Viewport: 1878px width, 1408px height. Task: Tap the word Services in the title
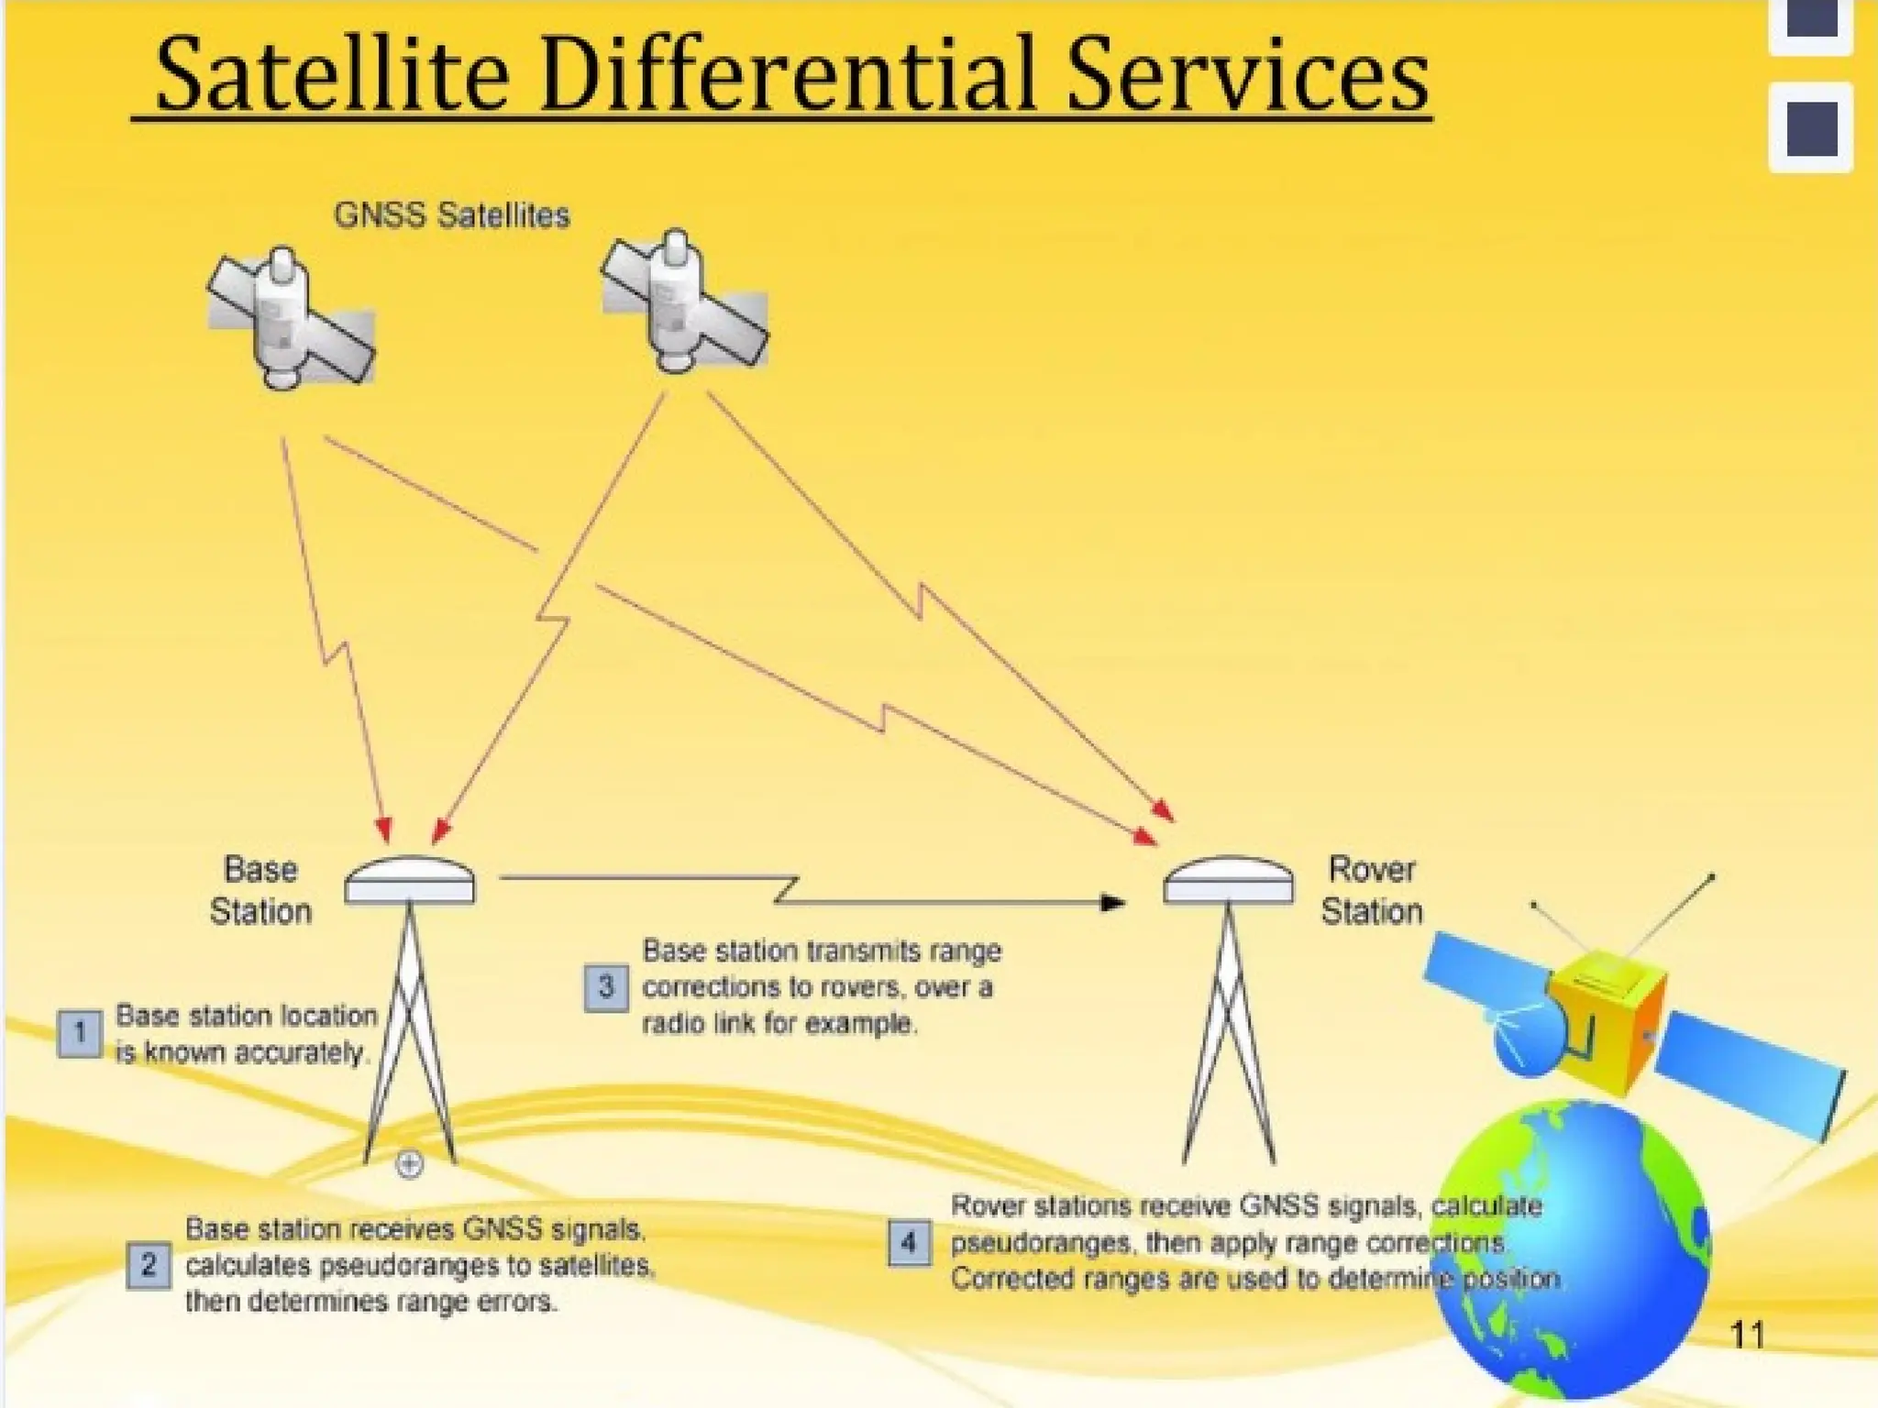[x=1246, y=75]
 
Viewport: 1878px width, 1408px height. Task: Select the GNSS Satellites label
[x=451, y=215]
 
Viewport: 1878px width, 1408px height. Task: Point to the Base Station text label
[x=260, y=890]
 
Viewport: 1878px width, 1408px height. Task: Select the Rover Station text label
[x=1372, y=890]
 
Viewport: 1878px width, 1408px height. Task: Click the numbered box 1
[x=80, y=1034]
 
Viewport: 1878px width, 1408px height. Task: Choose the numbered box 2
[x=149, y=1266]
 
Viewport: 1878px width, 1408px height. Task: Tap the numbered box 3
[x=606, y=987]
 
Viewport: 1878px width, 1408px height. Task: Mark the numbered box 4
[x=909, y=1243]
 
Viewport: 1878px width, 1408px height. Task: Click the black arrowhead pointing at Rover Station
[x=1112, y=904]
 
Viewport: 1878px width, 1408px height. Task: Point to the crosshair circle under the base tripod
[x=409, y=1165]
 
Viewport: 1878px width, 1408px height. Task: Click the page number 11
[x=1746, y=1335]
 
